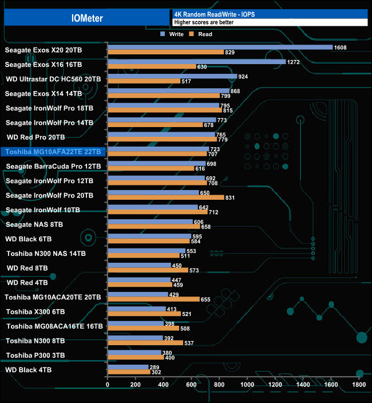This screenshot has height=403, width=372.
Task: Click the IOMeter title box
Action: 87,18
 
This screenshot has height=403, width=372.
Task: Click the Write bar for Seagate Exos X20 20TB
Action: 220,47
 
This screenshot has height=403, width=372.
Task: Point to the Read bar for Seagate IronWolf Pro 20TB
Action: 165,197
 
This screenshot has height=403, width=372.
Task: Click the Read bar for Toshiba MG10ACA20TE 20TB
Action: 153,299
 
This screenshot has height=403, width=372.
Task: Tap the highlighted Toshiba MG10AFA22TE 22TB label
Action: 53,152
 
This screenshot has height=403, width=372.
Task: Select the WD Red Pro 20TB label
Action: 35,137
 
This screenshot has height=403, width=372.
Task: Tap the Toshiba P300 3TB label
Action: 35,355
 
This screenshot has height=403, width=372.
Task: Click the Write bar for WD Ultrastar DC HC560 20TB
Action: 172,76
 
